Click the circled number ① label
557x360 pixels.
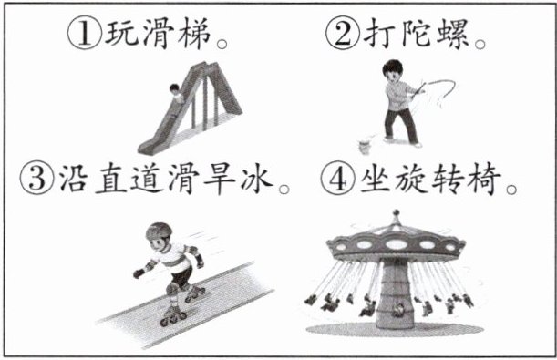click(86, 35)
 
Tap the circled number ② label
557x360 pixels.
click(343, 34)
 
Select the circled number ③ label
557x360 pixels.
click(37, 178)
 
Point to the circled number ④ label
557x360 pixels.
click(337, 178)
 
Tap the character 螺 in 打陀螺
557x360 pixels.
click(453, 34)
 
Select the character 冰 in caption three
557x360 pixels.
click(256, 178)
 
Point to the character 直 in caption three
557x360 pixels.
click(111, 178)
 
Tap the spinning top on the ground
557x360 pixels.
click(365, 146)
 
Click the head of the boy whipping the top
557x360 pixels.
click(393, 71)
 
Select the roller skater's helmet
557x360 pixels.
click(160, 231)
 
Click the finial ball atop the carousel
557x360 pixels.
click(396, 213)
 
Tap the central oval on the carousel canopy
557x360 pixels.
click(396, 244)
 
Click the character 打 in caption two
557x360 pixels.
click(378, 34)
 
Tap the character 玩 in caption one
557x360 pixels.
click(121, 34)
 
